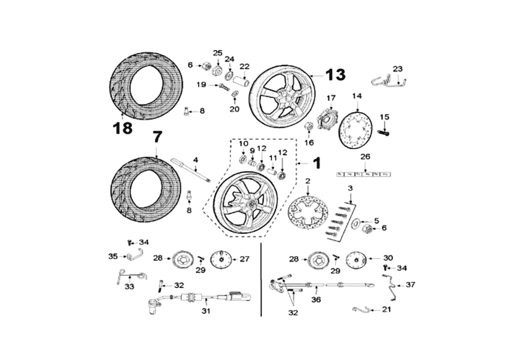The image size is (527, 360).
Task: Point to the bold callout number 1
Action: [316, 162]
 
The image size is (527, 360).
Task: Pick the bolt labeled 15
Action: [384, 132]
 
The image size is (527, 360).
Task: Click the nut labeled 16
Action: [309, 126]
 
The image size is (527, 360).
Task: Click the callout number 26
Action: [365, 157]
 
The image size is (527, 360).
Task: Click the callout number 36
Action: [316, 299]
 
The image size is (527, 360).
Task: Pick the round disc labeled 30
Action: [356, 260]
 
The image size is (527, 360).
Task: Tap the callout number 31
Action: [206, 311]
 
